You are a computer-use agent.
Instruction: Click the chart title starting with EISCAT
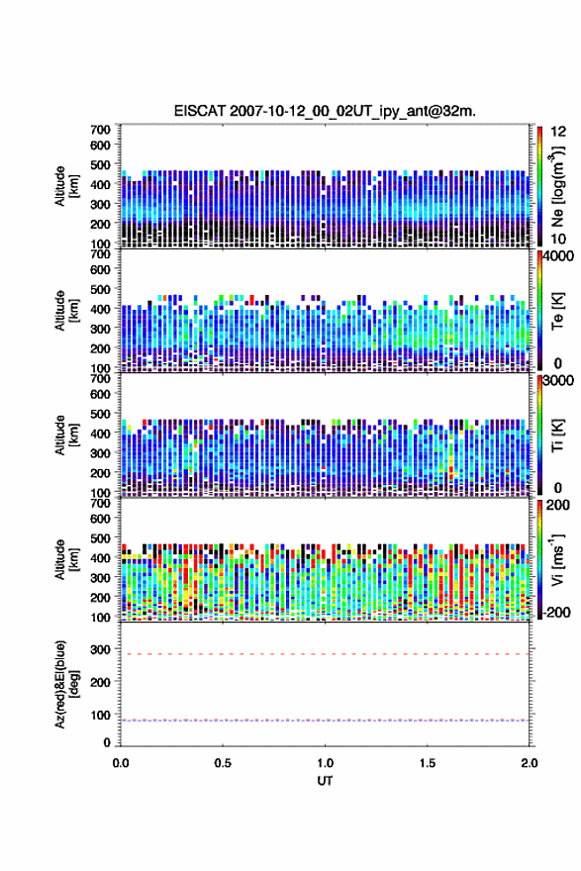point(325,111)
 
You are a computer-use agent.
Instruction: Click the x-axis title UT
point(325,781)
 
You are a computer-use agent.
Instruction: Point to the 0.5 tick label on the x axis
point(223,763)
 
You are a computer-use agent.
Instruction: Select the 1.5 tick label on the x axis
point(428,763)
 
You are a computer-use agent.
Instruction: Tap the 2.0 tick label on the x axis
point(529,763)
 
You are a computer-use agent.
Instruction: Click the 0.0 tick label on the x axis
point(121,763)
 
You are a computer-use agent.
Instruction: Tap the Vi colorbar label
point(557,559)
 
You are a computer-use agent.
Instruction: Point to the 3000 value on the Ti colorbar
point(558,381)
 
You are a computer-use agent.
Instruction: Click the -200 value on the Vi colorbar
point(558,612)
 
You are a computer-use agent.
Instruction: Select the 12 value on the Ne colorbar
point(558,132)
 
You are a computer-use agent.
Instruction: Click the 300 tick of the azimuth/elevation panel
point(101,649)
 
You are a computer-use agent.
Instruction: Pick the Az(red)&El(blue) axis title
point(65,684)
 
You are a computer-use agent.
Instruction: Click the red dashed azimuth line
point(325,654)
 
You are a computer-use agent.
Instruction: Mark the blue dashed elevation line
point(325,721)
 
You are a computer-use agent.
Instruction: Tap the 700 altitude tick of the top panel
point(101,130)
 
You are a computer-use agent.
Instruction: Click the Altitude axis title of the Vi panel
point(65,559)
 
